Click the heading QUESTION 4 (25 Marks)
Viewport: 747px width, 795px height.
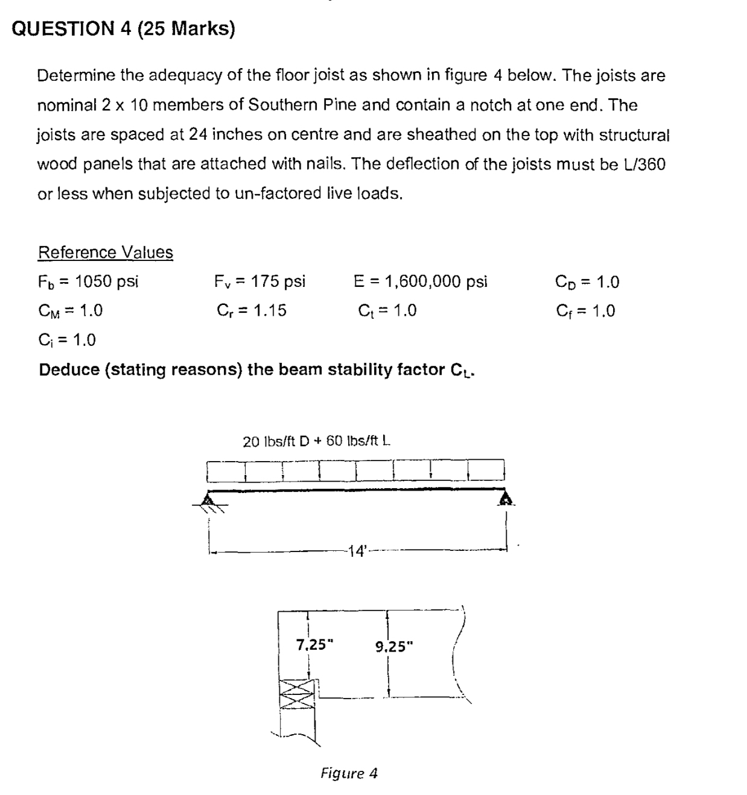pos(124,28)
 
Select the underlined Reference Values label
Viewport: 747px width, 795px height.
pos(105,252)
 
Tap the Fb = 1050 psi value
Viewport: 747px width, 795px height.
pos(88,281)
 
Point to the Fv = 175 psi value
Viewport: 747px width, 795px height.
pos(259,281)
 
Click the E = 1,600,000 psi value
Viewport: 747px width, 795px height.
pos(420,281)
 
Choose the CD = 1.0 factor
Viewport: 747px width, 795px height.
pos(586,281)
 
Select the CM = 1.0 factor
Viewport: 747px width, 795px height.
pos(70,311)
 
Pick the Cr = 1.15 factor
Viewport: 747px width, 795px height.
pos(251,311)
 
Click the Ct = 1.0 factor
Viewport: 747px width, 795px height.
pos(387,311)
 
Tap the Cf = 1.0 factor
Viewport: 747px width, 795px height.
pos(585,311)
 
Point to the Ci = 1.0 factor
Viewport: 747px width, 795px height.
pos(66,341)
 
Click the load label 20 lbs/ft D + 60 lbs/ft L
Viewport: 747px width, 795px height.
pos(316,441)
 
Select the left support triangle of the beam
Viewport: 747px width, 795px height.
pos(208,500)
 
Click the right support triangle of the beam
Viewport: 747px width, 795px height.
pos(505,498)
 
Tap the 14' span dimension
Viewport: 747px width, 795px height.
pos(357,550)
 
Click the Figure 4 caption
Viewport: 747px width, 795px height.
pos(349,773)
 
